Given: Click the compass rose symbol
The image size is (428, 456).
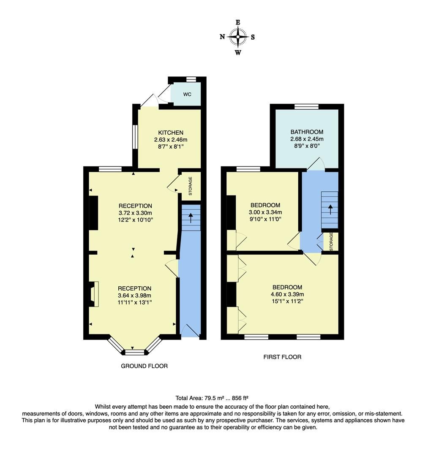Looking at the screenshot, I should tap(238, 37).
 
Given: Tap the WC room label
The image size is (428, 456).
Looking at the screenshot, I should tap(187, 94).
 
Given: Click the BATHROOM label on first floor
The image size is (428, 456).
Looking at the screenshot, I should tap(307, 132).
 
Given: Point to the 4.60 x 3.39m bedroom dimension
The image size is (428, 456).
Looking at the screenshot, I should tap(287, 294).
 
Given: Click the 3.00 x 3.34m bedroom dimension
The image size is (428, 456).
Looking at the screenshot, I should tap(265, 212).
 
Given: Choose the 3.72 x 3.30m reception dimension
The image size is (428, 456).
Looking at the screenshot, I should tap(135, 213).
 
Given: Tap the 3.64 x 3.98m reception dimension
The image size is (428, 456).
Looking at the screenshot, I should tap(135, 296).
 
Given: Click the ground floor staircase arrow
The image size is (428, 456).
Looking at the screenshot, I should tap(191, 218).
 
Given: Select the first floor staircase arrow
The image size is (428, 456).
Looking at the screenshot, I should tap(330, 209).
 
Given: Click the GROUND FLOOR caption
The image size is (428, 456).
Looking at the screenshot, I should tap(144, 366).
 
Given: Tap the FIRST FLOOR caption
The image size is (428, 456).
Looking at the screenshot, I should tap(282, 357).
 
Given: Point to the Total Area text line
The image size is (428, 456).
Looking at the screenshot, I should tap(212, 398).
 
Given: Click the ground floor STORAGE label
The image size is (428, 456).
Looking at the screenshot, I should tap(190, 186).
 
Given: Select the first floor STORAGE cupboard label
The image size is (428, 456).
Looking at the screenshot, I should tap(331, 242).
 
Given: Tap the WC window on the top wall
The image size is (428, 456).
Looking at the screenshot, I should tap(191, 79).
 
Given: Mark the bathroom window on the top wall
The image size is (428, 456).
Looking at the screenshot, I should tap(306, 106).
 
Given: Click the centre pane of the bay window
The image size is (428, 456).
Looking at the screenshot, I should tap(135, 351).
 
